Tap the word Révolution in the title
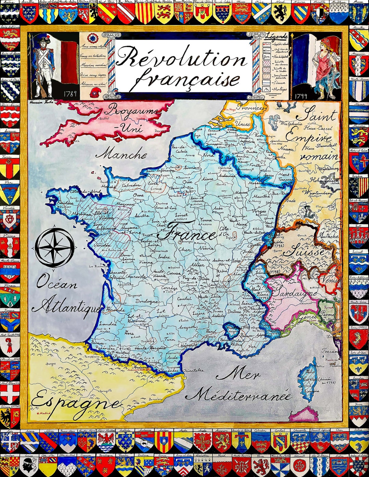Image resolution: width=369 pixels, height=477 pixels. [x=181, y=57]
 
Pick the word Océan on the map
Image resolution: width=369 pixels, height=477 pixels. [x=57, y=283]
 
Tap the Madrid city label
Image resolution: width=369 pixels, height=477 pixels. [x=44, y=413]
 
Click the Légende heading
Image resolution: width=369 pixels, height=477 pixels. [x=276, y=36]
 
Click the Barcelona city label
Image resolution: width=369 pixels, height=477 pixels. [x=155, y=399]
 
